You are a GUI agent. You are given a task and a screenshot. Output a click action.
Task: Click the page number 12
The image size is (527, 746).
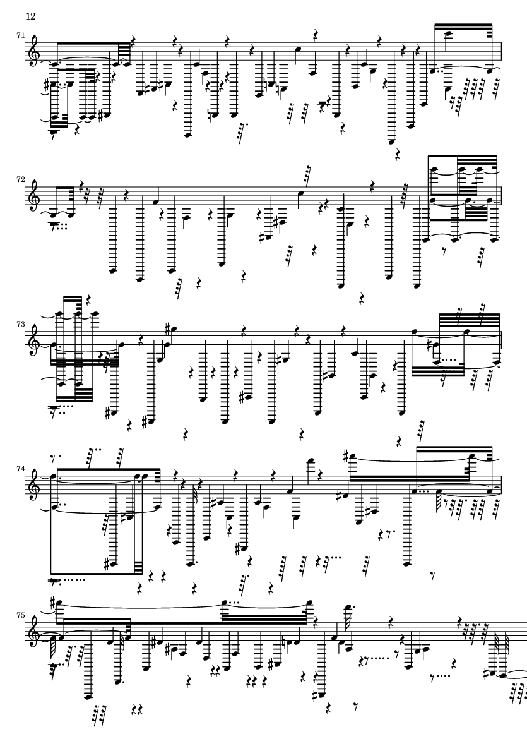point(30,16)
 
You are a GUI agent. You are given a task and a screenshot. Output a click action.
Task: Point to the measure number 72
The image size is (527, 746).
point(20,180)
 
